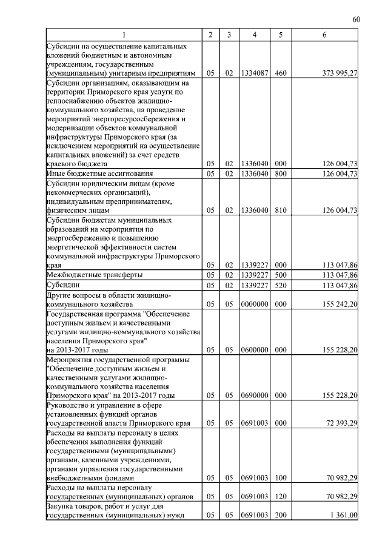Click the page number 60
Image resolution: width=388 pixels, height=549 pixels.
(356, 20)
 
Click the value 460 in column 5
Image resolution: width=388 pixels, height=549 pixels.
(280, 73)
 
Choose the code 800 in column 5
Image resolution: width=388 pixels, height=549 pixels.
(280, 173)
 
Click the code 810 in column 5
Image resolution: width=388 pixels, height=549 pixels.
(280, 211)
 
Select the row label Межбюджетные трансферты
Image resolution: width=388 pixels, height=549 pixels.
(87, 275)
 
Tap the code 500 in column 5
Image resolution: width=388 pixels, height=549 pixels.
(280, 275)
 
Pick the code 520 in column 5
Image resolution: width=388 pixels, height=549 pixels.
(280, 285)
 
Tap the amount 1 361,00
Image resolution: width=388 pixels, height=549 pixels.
(343, 516)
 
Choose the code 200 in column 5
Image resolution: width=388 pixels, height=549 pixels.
(280, 516)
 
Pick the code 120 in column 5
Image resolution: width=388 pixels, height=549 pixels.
(280, 496)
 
